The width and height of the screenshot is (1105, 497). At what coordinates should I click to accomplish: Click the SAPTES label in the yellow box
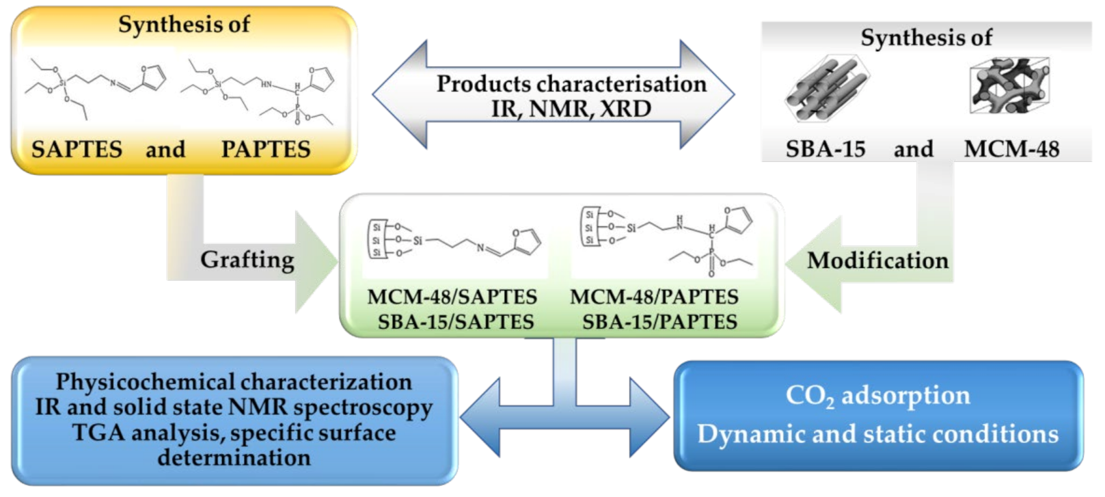77,149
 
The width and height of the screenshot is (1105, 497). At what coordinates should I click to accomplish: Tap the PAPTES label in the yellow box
266,149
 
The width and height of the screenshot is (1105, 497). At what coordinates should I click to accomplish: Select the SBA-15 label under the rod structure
825,149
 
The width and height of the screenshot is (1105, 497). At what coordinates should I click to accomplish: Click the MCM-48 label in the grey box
1011,149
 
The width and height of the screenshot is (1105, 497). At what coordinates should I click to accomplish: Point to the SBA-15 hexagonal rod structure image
828,90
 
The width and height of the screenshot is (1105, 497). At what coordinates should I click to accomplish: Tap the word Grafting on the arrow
247,260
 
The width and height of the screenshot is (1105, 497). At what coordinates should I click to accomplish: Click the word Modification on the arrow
877,260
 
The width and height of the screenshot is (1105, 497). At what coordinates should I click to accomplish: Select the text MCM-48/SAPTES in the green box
452,297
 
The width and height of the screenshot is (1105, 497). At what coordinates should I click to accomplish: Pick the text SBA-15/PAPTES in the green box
659,322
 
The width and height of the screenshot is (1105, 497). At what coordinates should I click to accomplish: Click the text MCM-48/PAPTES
654,297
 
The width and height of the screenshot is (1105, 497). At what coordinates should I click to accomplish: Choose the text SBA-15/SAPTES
456,322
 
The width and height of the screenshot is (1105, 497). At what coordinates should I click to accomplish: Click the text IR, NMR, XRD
571,109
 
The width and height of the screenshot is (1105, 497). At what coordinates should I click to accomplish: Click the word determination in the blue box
234,457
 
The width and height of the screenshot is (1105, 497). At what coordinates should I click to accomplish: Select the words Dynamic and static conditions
877,434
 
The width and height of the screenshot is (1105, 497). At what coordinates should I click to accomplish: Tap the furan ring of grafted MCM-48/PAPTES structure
738,219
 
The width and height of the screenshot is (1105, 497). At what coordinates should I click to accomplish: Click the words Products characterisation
571,83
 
